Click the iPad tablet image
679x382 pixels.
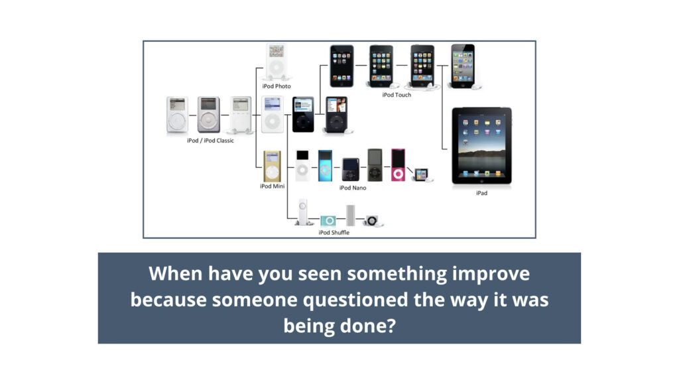tap(481, 146)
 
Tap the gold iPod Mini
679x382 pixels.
tap(272, 166)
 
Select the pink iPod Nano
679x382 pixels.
tap(398, 164)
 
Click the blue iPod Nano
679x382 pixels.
tap(325, 165)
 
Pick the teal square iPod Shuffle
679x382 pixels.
tap(328, 221)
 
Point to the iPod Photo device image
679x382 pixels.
tap(277, 62)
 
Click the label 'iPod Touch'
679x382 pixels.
tap(397, 95)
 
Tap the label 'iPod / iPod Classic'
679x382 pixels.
tap(210, 141)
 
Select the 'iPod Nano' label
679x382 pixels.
tap(353, 188)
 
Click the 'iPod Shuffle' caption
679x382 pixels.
tap(334, 233)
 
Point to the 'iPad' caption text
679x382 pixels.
tap(481, 193)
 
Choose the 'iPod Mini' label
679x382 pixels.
tap(273, 186)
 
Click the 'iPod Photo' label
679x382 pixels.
tap(277, 86)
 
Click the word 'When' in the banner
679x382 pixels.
tap(176, 273)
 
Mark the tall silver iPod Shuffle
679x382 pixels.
tap(350, 216)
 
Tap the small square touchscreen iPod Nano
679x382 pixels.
tap(421, 174)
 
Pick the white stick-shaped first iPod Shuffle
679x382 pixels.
tap(303, 212)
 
